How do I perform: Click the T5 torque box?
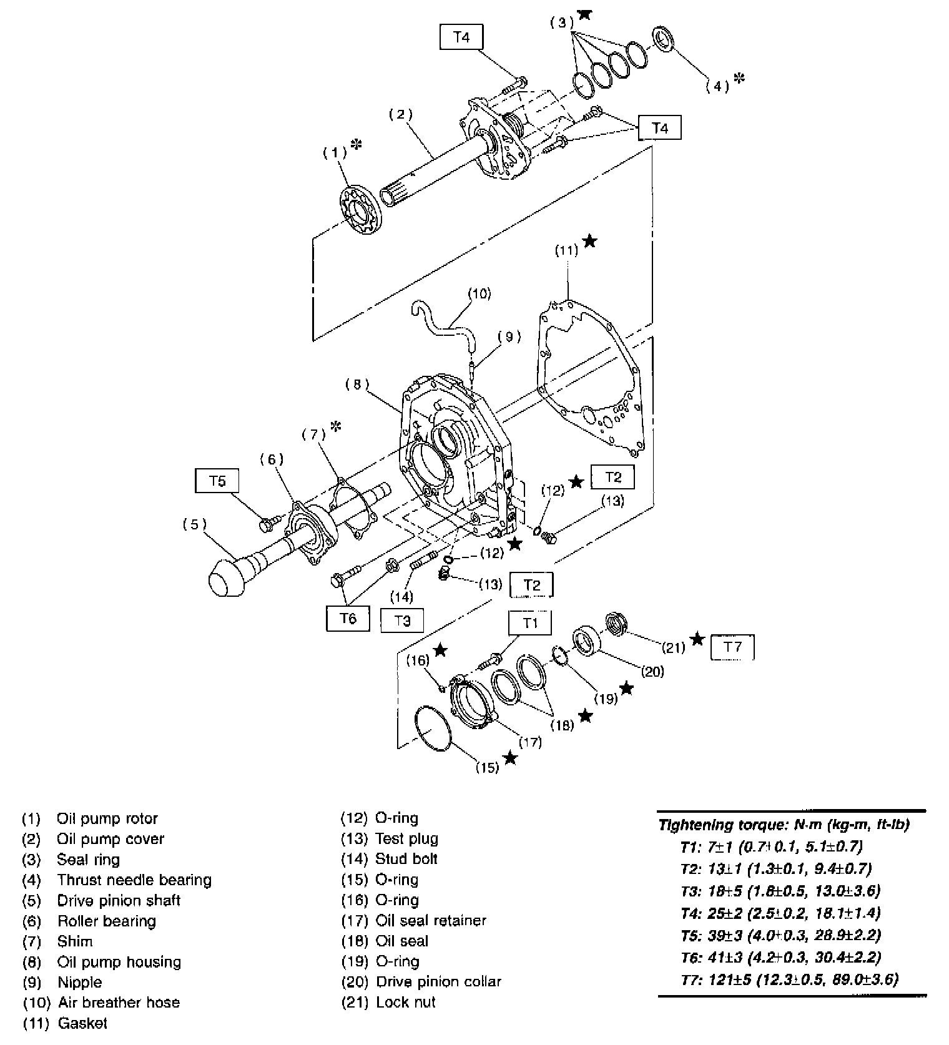[217, 481]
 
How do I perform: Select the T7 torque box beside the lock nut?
[732, 647]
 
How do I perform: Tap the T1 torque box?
[530, 623]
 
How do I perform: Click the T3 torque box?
[403, 621]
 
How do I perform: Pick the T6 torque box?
[348, 618]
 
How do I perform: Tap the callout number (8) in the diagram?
[357, 385]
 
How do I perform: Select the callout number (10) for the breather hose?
[479, 293]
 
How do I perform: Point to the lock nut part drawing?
[617, 624]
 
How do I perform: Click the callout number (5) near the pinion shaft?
[194, 524]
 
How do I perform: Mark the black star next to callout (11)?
[589, 241]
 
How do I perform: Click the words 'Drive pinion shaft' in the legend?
[119, 900]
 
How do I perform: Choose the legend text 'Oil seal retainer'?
[431, 920]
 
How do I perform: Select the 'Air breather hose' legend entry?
[119, 1003]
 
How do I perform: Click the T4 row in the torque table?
[780, 913]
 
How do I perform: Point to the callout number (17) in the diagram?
[531, 742]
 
